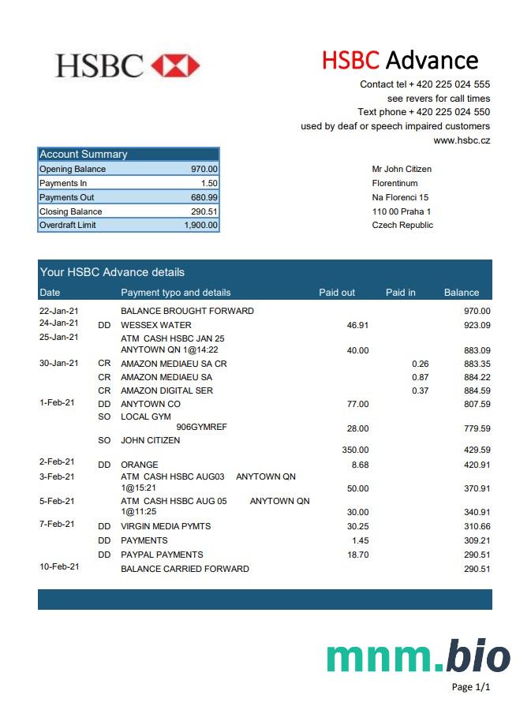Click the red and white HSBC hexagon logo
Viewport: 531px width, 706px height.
(175, 65)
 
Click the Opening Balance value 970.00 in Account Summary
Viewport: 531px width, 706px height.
(204, 169)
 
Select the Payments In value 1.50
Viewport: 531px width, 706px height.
(209, 183)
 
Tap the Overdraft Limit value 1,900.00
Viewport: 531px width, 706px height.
(200, 226)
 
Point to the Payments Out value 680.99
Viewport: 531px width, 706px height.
(204, 197)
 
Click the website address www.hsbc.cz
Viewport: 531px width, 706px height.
(462, 140)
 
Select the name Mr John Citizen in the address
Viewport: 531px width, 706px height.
(402, 169)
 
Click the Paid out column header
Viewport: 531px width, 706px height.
(337, 293)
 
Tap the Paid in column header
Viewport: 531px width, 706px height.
(400, 293)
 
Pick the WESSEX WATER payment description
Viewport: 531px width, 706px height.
(155, 325)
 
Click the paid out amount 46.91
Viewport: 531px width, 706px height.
(357, 325)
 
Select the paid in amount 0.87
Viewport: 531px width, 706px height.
(420, 377)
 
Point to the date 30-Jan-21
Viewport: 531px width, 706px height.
(58, 363)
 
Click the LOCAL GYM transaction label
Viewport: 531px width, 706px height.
(145, 417)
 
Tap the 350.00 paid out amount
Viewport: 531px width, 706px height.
(354, 450)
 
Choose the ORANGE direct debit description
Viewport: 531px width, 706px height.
(139, 465)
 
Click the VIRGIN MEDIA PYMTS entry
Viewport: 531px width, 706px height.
(165, 526)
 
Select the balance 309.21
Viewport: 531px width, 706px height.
(477, 540)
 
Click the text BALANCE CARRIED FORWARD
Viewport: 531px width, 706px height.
(185, 569)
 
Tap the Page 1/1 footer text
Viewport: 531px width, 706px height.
(470, 687)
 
